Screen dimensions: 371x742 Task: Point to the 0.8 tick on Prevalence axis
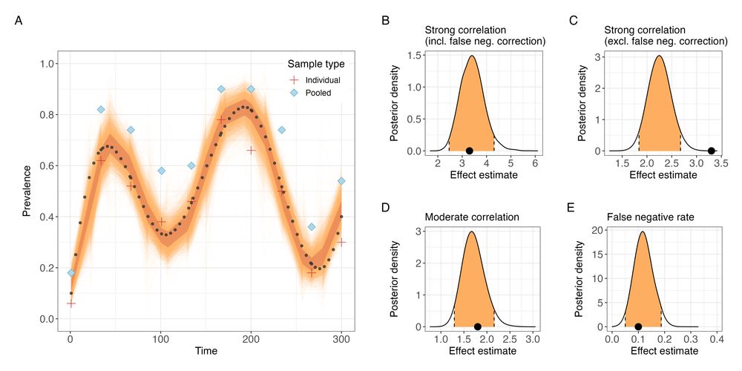click(48, 114)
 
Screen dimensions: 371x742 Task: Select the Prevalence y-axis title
click(27, 191)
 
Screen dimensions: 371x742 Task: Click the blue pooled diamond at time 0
click(71, 273)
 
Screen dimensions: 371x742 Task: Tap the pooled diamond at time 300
click(341, 181)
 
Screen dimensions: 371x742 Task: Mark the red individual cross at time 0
click(71, 303)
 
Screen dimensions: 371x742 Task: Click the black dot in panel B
click(470, 151)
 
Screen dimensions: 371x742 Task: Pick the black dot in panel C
click(711, 151)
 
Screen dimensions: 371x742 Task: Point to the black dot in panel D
click(477, 326)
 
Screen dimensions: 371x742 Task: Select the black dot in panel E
click(638, 326)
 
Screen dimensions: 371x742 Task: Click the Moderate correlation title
click(471, 217)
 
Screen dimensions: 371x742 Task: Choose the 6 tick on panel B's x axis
click(535, 163)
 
